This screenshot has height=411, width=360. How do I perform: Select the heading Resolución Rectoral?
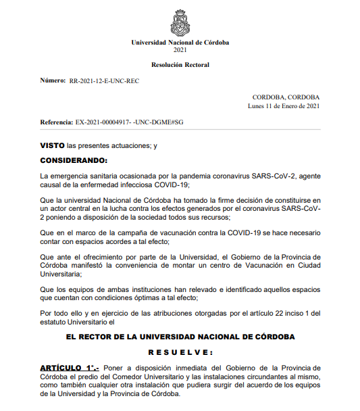[180, 65]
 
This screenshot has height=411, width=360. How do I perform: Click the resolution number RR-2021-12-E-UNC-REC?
[105, 80]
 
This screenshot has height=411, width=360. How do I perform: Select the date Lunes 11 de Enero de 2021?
[284, 105]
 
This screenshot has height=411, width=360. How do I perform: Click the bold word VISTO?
[52, 145]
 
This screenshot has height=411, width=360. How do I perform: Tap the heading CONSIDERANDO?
[74, 160]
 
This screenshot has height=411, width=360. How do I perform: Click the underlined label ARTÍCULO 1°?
[70, 367]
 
